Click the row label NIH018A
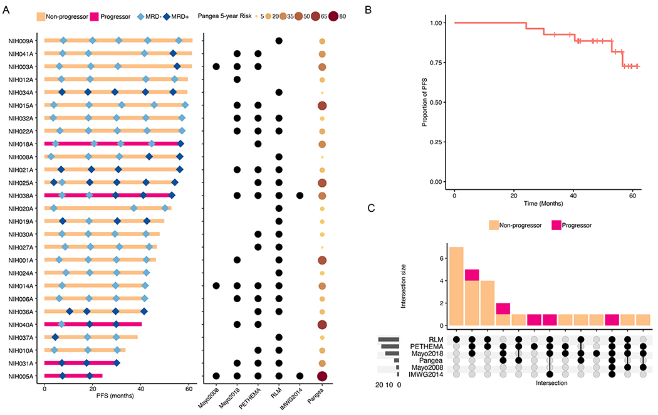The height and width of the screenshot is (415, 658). tap(21, 144)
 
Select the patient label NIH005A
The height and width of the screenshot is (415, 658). tap(21, 376)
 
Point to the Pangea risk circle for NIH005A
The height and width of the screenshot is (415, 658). tap(321, 376)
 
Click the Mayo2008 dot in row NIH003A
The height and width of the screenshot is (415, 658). tap(216, 66)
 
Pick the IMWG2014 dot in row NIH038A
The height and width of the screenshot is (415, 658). tap(300, 196)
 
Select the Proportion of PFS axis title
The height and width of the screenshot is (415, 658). tap(425, 102)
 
